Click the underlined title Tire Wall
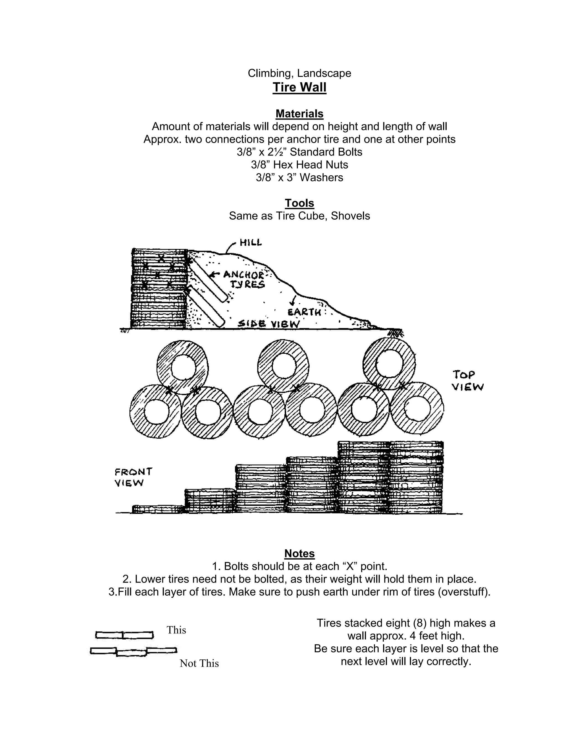299,87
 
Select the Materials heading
299,114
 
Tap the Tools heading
299,203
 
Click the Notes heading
299,553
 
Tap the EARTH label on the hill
304,312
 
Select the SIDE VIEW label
268,324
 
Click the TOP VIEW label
467,381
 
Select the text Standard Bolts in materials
326,152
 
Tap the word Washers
321,178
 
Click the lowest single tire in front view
158,509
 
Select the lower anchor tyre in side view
206,307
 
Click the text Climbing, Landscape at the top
299,73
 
